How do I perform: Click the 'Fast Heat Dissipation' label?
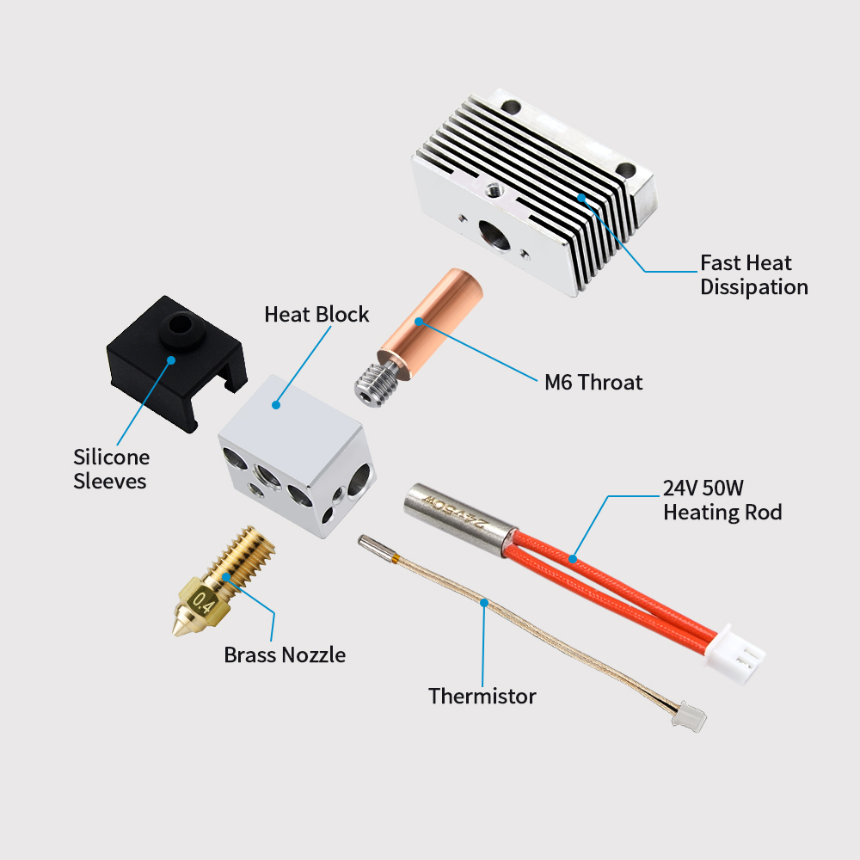coord(754,274)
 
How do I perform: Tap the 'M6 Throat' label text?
coord(593,381)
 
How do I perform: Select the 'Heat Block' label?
coord(316,314)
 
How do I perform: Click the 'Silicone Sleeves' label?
coord(111,469)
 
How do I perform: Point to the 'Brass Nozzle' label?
coord(285,654)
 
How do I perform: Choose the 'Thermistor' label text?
coord(482,695)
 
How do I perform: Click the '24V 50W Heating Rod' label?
coord(722,501)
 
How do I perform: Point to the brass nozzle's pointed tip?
coord(178,633)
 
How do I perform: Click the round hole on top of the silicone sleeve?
coord(181,325)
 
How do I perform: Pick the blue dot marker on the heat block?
coord(277,403)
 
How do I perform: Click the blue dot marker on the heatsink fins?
coord(581,198)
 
